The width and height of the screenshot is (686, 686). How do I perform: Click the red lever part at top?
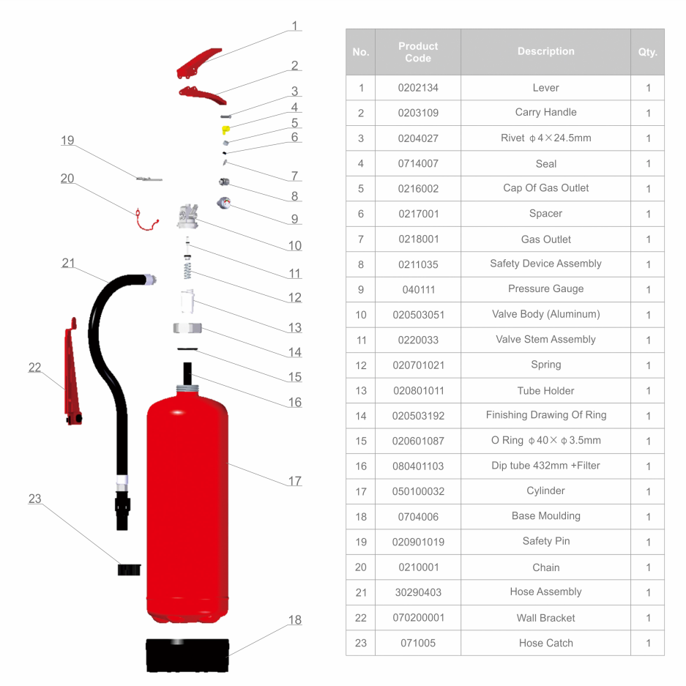[198, 63]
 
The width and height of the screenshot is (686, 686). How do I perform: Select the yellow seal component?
[226, 130]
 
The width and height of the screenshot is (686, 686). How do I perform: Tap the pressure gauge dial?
[223, 203]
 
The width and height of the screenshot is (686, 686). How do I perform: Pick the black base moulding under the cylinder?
[187, 654]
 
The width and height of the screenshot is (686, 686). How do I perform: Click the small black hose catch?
[129, 569]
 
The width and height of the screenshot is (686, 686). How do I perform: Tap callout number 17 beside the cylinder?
[294, 481]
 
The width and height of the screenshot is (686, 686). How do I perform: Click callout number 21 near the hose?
[68, 263]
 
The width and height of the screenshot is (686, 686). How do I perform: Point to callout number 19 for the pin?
[67, 141]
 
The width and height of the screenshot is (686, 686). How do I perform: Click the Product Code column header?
[418, 52]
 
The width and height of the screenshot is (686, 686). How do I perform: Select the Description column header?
[545, 51]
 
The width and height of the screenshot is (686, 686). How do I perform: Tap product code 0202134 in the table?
[418, 88]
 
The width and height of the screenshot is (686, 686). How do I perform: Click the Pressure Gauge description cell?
[545, 289]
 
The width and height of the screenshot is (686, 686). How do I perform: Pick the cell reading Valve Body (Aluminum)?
[545, 314]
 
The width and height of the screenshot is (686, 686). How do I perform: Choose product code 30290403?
[418, 592]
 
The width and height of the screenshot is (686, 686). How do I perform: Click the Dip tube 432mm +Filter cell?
[545, 466]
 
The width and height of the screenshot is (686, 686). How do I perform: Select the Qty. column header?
[647, 52]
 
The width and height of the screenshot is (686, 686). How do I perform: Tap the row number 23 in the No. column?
[360, 643]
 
